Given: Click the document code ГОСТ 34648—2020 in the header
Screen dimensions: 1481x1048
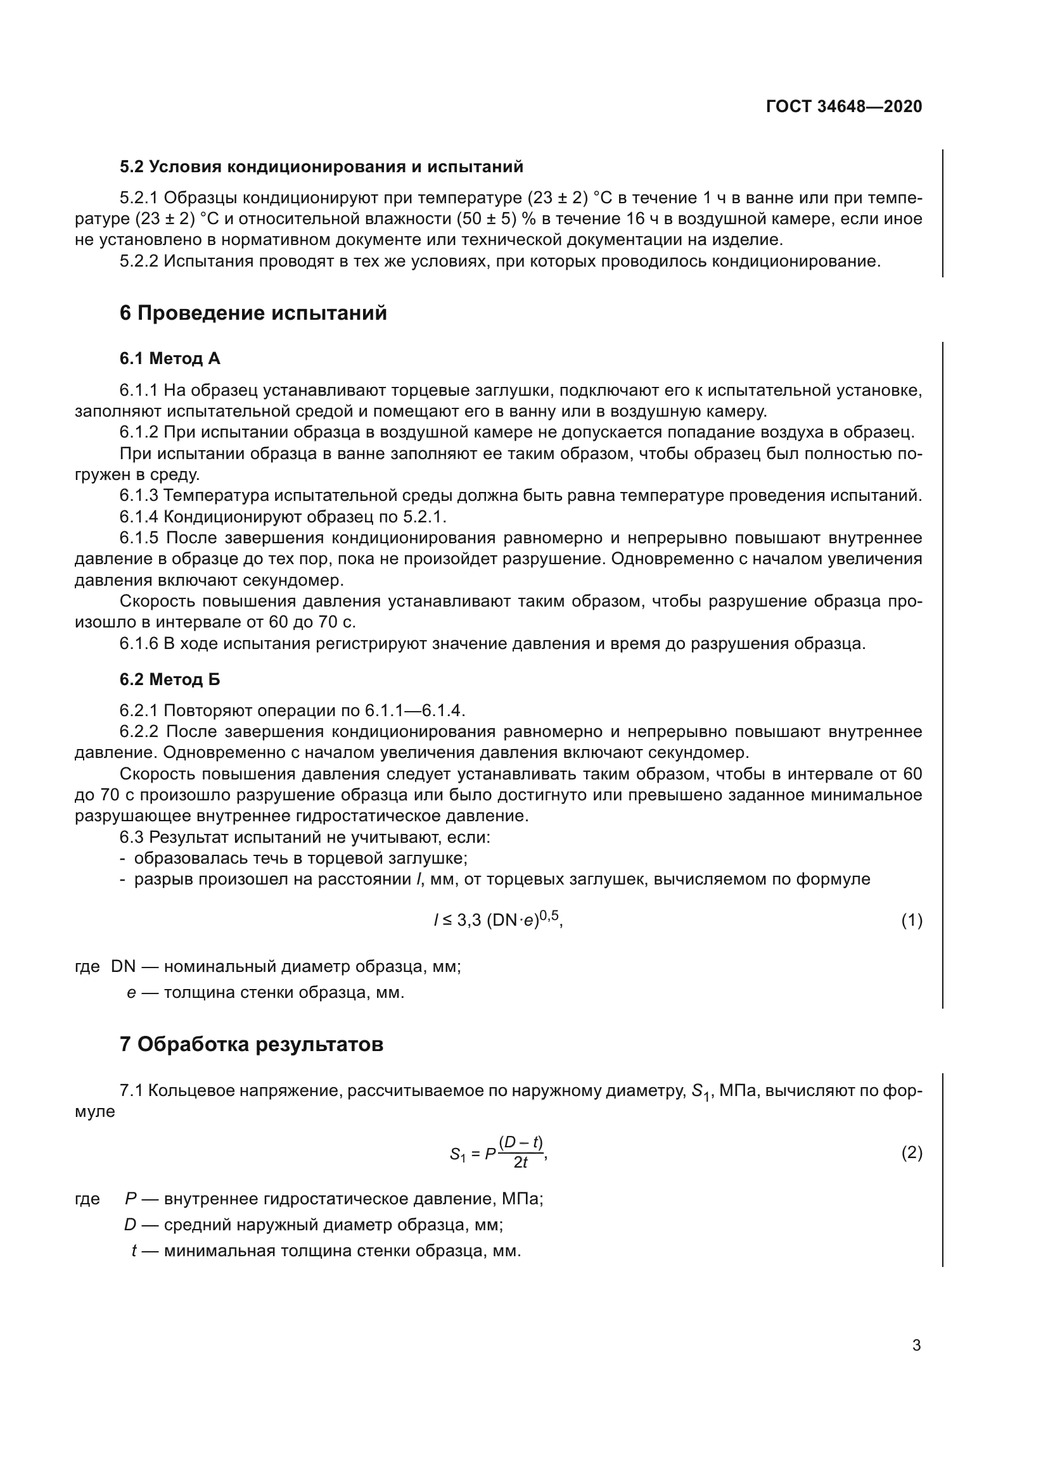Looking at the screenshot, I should click(844, 106).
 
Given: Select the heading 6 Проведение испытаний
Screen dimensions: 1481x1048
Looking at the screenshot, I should click(253, 313).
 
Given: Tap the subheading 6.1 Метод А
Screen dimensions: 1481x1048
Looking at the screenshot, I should click(170, 358).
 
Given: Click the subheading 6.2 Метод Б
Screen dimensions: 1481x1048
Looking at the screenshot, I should click(170, 679).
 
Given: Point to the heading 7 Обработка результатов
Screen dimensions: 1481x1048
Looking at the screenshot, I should click(251, 1043).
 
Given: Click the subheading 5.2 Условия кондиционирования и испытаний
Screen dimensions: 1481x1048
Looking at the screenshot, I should click(321, 167).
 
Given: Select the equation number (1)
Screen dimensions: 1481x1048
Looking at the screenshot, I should click(911, 921).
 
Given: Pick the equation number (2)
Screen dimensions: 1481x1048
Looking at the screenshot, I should click(911, 1152).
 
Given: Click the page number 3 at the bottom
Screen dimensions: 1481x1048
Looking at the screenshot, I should click(916, 1346).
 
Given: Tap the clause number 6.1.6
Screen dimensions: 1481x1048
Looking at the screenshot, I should click(138, 644).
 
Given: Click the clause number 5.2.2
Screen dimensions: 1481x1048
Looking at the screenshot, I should click(138, 262).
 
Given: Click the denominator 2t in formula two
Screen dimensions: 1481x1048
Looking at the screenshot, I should click(520, 1163).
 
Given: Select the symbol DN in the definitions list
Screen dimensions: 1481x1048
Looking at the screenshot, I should click(124, 967).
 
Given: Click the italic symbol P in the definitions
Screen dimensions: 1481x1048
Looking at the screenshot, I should click(131, 1199).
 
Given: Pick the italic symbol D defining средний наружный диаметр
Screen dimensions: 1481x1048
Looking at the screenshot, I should click(131, 1225).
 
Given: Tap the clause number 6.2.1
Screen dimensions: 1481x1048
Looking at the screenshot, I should click(138, 711).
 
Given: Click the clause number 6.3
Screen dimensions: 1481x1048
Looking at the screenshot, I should click(131, 837).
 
